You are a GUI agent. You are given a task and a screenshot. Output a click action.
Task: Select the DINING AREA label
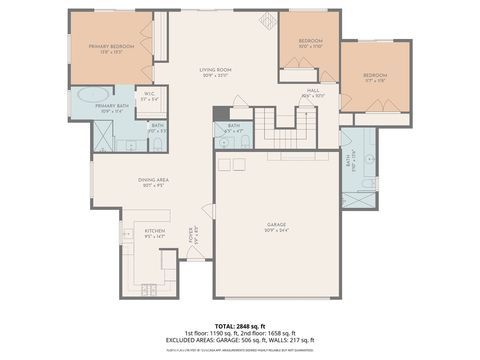point(153,182)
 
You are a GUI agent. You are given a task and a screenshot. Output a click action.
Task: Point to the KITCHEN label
point(154,232)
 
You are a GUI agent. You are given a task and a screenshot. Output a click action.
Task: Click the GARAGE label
point(277,227)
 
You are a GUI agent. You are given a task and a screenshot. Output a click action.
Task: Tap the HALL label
point(313,92)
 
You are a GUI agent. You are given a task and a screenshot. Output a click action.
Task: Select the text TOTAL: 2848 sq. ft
point(239,326)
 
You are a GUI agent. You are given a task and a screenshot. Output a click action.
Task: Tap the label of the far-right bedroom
point(375,77)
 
